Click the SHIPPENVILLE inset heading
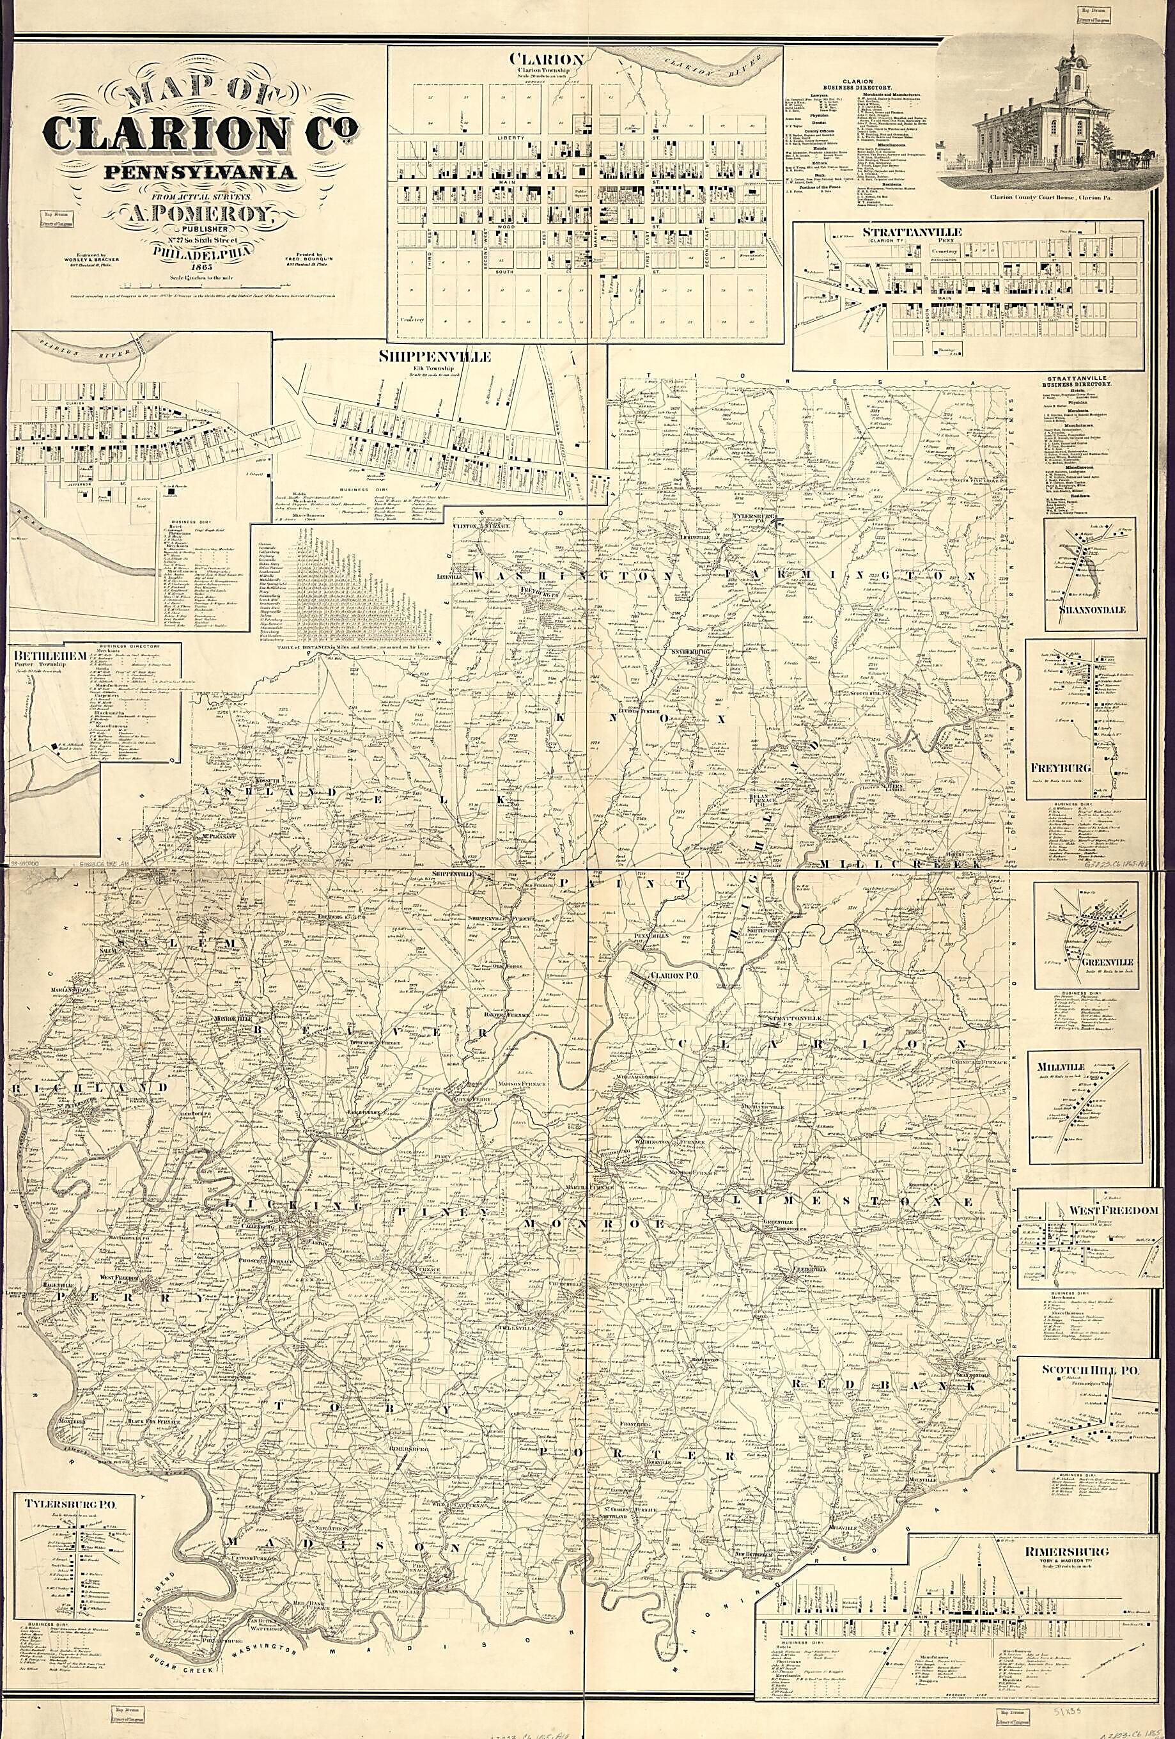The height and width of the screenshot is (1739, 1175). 434,357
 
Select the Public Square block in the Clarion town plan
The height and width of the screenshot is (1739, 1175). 580,193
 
